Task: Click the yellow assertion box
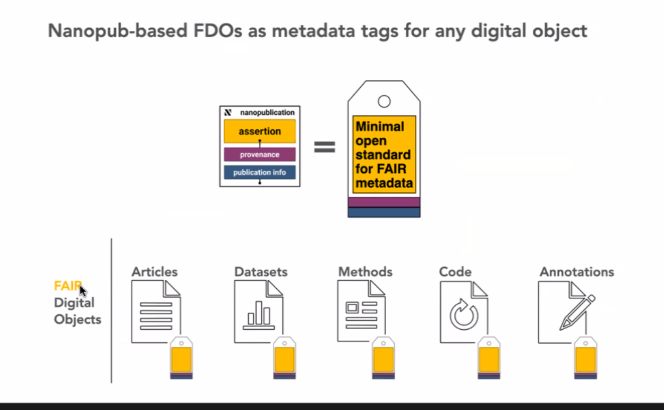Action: pos(259,131)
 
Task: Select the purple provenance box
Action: pos(259,155)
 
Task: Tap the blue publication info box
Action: pos(259,172)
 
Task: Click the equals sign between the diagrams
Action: pos(325,147)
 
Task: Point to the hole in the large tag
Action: pos(384,101)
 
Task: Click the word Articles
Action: pos(155,272)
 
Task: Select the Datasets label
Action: pos(261,272)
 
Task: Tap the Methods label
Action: pos(365,272)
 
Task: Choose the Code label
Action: pos(455,272)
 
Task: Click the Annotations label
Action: pos(577,272)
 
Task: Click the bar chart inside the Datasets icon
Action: pos(259,315)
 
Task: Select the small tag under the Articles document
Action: pos(181,358)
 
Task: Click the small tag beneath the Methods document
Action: pos(383,358)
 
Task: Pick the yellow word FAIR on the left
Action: pos(67,286)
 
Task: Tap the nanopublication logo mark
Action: pos(228,113)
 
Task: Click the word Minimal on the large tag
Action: pos(380,127)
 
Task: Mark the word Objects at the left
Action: pos(78,319)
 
